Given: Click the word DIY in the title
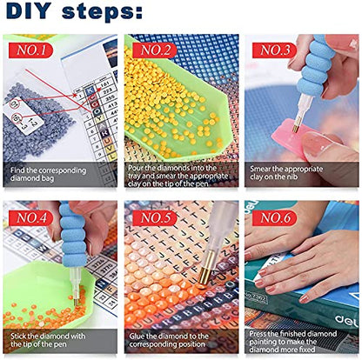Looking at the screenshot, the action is pyautogui.click(x=29, y=11).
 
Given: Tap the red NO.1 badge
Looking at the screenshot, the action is pyautogui.click(x=31, y=50).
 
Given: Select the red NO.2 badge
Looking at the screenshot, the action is pyautogui.click(x=155, y=50).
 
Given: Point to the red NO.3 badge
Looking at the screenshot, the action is pyautogui.click(x=274, y=50).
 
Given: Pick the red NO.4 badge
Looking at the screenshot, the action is pyautogui.click(x=31, y=218).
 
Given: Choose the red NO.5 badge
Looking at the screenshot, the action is pyautogui.click(x=155, y=218).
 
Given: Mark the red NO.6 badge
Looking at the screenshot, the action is pyautogui.click(x=274, y=218).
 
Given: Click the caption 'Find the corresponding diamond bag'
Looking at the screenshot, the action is pyautogui.click(x=48, y=174).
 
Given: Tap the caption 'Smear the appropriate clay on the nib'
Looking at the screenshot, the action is pyautogui.click(x=286, y=173).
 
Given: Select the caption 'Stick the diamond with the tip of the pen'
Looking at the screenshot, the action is pyautogui.click(x=48, y=340).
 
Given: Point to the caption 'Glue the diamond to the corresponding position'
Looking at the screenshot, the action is pyautogui.click(x=169, y=340).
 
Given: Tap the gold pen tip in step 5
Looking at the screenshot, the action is pyautogui.click(x=204, y=272).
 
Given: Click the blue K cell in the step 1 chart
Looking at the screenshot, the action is pyautogui.click(x=90, y=91).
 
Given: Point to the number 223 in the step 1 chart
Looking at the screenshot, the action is pyautogui.click(x=107, y=91).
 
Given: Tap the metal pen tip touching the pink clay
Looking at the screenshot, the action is pyautogui.click(x=296, y=127).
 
